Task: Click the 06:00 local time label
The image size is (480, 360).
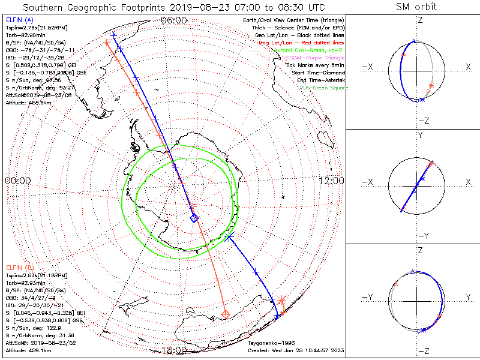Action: point(173,20)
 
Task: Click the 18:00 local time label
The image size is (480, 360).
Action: point(173,350)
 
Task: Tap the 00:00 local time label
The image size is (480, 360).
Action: point(17,181)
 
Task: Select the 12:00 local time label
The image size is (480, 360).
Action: point(331,181)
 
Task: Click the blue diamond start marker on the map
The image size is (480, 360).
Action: point(194,218)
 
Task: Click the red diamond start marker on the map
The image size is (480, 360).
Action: point(226,314)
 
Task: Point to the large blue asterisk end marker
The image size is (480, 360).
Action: point(229,238)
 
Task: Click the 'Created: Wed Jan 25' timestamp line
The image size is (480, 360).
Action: point(296,350)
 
